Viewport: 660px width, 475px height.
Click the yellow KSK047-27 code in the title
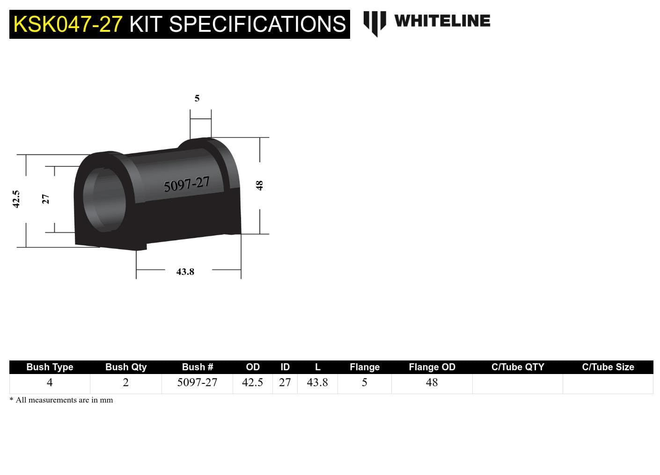click(x=68, y=24)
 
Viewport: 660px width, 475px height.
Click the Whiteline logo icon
click(x=374, y=22)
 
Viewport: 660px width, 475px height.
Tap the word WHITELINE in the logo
click(x=442, y=21)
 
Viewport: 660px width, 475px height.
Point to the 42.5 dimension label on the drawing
click(x=16, y=199)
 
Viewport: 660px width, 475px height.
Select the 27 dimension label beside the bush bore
click(x=45, y=199)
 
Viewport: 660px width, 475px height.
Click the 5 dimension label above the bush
click(x=197, y=98)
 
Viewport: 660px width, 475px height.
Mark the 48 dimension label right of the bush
click(x=260, y=186)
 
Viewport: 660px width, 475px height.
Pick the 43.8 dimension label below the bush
click(x=185, y=272)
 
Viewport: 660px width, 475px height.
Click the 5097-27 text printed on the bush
click(x=186, y=185)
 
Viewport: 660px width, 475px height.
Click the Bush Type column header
click(x=50, y=367)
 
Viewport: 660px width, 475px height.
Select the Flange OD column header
click(x=432, y=367)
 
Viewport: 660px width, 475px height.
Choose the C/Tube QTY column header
click(x=518, y=367)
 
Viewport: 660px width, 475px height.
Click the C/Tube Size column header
click(x=608, y=367)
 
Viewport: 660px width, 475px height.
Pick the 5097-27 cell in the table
click(x=197, y=382)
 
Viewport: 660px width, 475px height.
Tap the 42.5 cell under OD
click(x=252, y=382)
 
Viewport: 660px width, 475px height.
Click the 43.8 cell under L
click(x=317, y=382)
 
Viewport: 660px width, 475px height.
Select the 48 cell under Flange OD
click(x=432, y=382)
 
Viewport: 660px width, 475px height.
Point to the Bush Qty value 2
click(x=125, y=382)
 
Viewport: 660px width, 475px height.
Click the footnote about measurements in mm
click(x=61, y=400)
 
